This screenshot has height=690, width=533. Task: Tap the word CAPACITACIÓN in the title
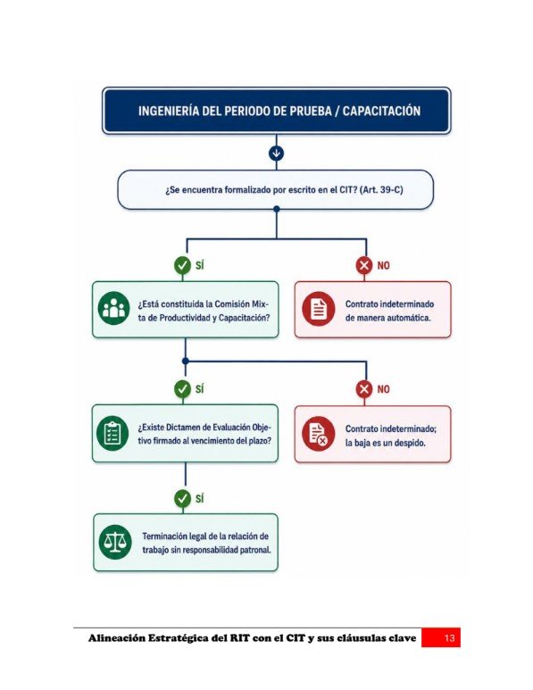point(381,111)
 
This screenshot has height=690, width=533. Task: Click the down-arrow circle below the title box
point(277,154)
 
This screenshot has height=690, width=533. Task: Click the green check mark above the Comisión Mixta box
point(183,265)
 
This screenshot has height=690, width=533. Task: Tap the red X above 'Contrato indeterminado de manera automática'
point(364,265)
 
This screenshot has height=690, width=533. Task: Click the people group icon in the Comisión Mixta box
point(113,308)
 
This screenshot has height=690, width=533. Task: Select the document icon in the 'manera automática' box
point(319,309)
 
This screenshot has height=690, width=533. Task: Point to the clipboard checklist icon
point(112,434)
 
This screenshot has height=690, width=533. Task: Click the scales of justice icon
point(115,542)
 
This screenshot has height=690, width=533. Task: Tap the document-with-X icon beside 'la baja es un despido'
point(319,434)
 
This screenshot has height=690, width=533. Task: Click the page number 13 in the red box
point(449,638)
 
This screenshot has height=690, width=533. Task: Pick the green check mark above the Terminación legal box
point(183,499)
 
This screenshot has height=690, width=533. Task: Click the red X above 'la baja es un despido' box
point(364,389)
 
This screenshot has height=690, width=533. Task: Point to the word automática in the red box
point(410,318)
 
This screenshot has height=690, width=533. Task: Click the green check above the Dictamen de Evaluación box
point(183,389)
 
